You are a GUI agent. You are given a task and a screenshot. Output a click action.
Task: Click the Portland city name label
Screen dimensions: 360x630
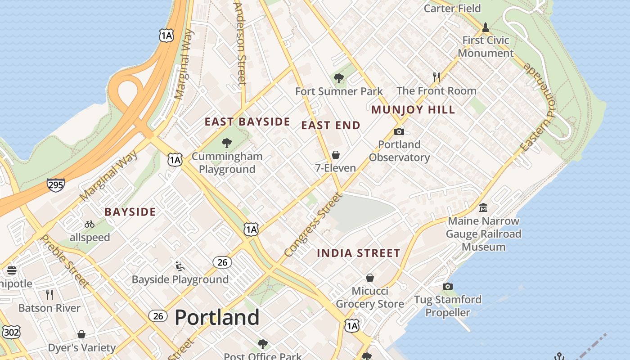(217, 318)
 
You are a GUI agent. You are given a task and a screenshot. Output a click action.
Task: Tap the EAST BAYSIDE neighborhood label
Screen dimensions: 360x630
(247, 122)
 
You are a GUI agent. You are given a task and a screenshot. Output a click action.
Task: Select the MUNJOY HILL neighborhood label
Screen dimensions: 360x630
(413, 110)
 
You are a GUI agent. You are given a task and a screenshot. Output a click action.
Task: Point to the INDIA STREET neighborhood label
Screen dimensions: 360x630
(358, 253)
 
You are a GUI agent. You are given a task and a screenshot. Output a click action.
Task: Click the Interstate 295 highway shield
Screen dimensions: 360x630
(55, 184)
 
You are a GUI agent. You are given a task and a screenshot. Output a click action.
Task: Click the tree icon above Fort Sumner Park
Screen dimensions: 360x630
(338, 79)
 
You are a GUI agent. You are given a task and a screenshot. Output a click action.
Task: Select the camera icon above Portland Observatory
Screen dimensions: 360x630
(399, 132)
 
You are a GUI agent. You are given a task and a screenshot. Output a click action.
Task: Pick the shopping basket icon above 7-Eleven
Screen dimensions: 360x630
(335, 155)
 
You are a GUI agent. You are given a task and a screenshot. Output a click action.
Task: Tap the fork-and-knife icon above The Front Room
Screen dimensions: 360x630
(436, 77)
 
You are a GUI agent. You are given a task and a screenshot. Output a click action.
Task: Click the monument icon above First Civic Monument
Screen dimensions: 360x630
(485, 27)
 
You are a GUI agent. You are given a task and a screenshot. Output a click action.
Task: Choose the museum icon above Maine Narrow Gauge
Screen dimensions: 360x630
(483, 208)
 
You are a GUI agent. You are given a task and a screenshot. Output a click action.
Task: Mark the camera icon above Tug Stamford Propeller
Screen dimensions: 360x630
(447, 287)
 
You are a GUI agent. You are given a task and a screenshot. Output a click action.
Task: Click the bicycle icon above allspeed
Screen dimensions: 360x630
(90, 224)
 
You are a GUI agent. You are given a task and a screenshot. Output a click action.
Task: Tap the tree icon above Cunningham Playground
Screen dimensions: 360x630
(226, 144)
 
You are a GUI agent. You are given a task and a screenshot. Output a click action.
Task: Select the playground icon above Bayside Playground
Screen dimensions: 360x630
(180, 266)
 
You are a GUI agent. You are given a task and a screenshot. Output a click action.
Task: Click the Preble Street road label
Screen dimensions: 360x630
(65, 261)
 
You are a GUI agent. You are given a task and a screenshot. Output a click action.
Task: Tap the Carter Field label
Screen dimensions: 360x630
(452, 8)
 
